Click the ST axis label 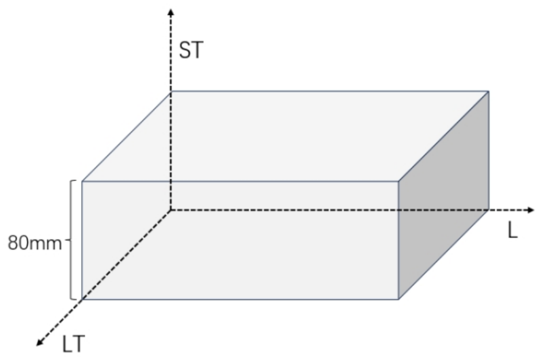pos(191,50)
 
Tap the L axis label pos(513,230)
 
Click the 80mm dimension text pos(35,242)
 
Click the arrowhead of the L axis pos(531,210)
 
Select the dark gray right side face pos(444,195)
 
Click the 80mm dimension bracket pos(71,240)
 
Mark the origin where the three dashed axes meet pos(171,210)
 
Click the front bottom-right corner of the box pos(398,299)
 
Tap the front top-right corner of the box pos(398,181)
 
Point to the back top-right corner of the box pos(489,91)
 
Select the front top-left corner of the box pos(82,181)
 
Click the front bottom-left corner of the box pos(82,299)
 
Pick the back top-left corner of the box pos(171,92)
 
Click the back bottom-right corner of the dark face pos(489,210)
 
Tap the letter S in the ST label pos(185,50)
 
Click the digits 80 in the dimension pos(17,242)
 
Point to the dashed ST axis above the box pos(171,52)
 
